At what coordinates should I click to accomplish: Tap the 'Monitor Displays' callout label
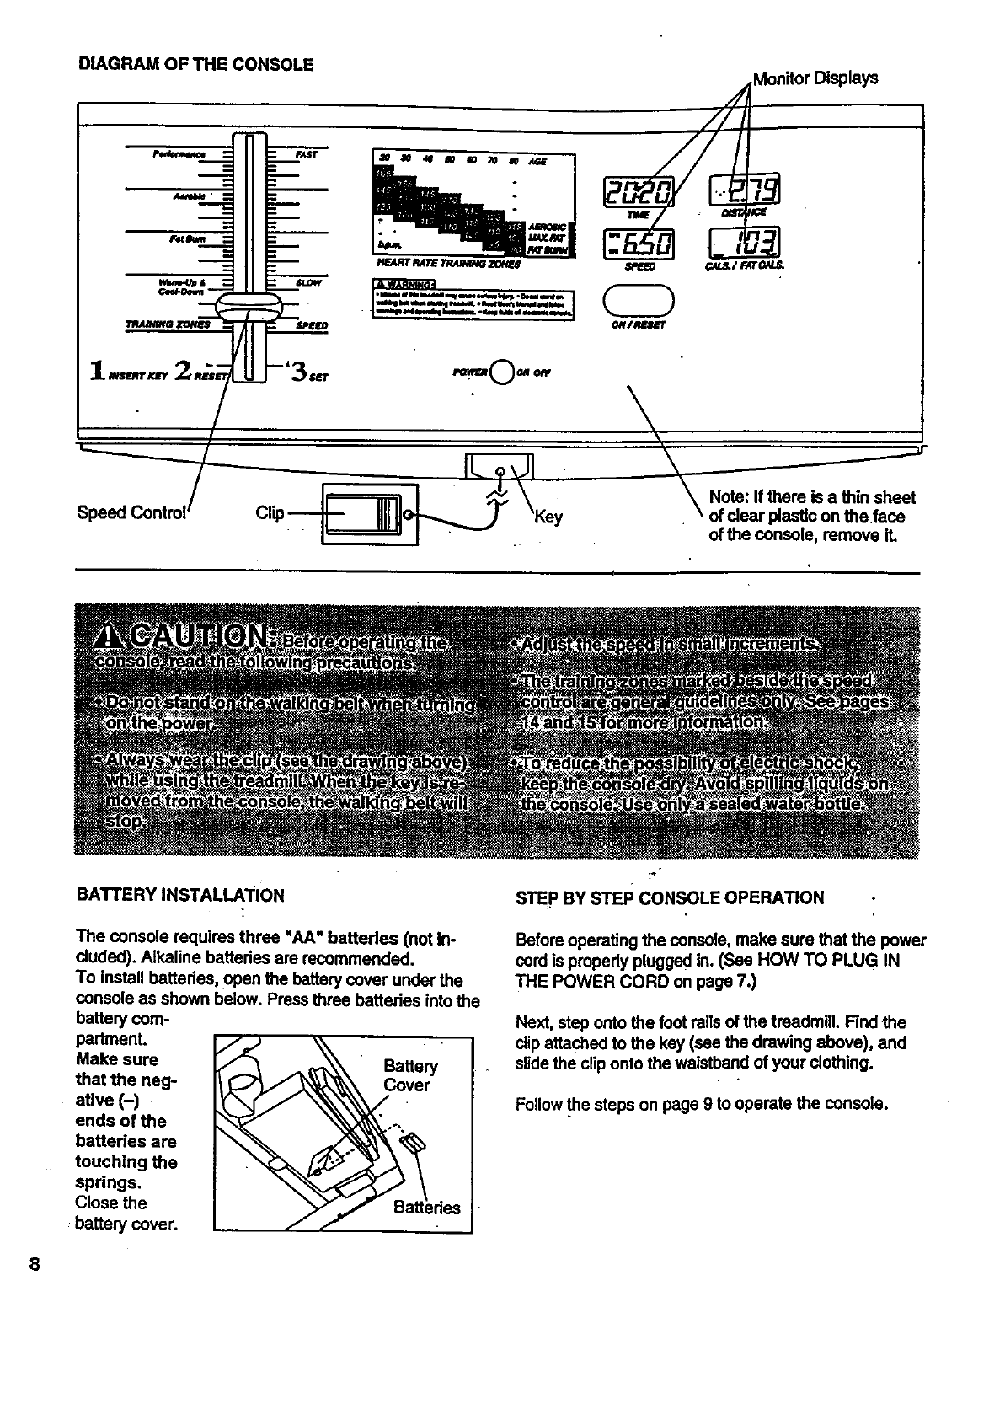[815, 78]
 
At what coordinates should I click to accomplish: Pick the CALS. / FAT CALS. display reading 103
[746, 245]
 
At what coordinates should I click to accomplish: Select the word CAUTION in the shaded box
[199, 638]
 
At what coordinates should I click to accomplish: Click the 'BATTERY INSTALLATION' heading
[179, 895]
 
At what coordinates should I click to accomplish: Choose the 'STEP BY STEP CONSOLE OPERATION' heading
[670, 897]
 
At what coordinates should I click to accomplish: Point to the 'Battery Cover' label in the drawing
[409, 1075]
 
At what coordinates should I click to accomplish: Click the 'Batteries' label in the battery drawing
[426, 1208]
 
